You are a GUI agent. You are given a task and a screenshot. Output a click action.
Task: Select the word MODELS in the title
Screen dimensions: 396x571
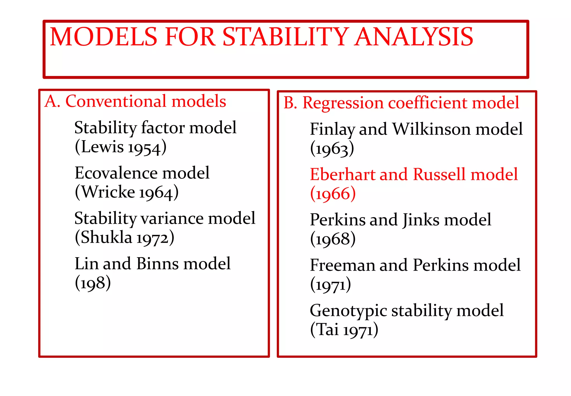tap(104, 37)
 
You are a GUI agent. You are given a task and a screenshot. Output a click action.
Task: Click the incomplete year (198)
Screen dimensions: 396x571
tap(93, 283)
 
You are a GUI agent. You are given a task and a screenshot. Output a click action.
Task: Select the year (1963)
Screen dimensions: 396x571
tap(332, 148)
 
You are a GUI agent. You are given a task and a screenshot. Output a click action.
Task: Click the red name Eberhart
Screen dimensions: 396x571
tap(343, 175)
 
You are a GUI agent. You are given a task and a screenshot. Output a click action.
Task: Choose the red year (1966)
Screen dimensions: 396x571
tap(333, 194)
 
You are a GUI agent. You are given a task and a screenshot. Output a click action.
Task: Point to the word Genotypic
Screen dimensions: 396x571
tap(349, 311)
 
